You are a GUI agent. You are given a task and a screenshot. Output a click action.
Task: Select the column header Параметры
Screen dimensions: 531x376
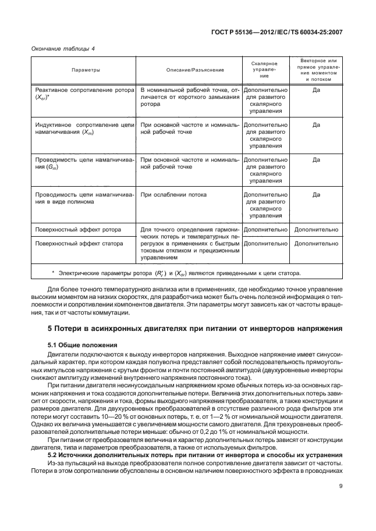click(86, 70)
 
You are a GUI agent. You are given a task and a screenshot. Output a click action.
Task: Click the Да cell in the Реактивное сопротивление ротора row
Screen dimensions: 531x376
click(316, 91)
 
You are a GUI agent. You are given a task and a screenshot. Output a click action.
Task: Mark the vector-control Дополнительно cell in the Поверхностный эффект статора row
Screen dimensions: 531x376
click(316, 244)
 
